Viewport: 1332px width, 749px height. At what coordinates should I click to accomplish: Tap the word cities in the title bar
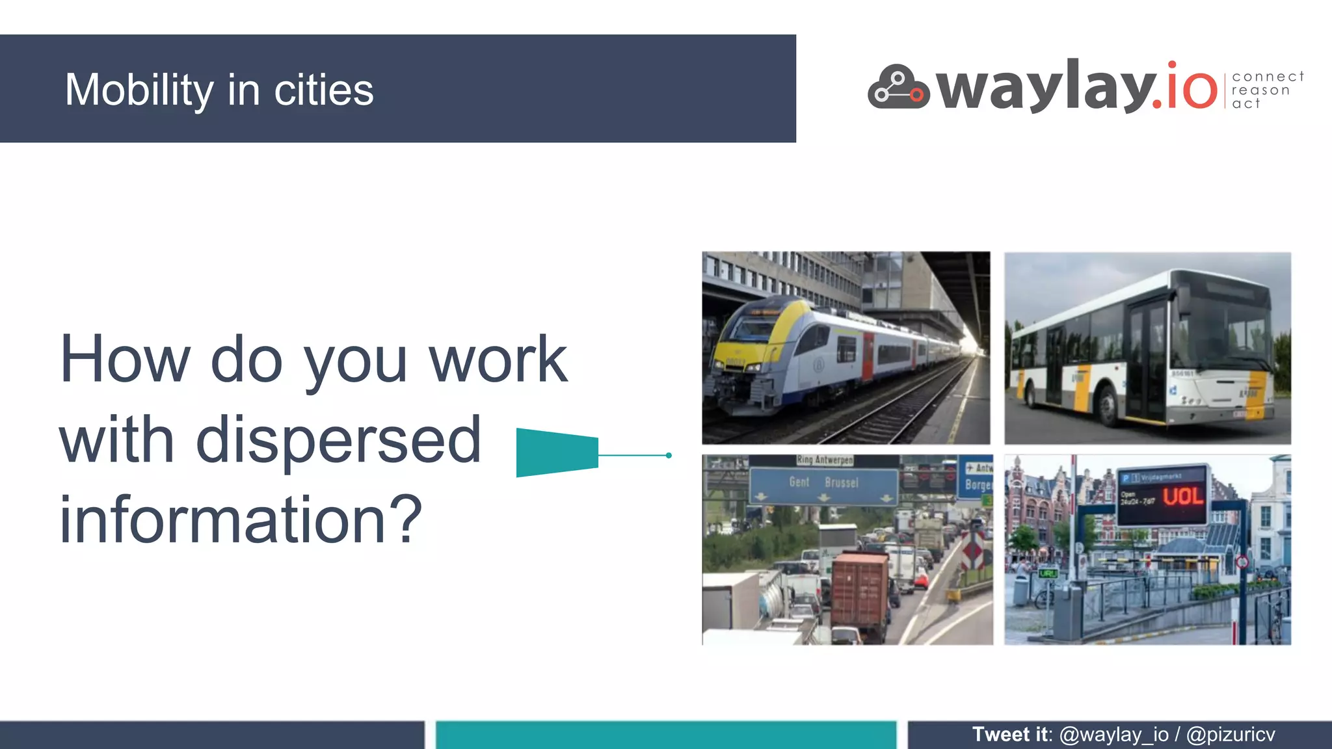[323, 90]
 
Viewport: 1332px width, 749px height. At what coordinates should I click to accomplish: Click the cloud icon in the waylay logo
[898, 87]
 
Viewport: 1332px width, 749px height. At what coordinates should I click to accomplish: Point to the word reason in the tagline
[1260, 90]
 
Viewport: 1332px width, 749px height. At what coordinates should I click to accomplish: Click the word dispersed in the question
[338, 440]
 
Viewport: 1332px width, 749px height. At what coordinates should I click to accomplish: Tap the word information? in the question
[241, 519]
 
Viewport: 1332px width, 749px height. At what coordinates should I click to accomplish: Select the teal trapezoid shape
[557, 453]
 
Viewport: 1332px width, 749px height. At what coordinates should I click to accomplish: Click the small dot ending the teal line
[669, 455]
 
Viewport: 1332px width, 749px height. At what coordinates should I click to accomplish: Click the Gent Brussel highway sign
[823, 484]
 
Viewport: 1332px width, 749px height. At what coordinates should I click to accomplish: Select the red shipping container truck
[859, 592]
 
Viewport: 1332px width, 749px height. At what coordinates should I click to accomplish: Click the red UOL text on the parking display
[1182, 497]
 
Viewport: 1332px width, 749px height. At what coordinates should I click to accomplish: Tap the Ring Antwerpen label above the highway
[825, 460]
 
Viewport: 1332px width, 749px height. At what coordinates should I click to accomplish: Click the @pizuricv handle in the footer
[1231, 735]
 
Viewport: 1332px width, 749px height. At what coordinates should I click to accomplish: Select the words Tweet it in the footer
[1010, 735]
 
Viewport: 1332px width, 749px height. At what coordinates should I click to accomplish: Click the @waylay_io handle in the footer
[1113, 735]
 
